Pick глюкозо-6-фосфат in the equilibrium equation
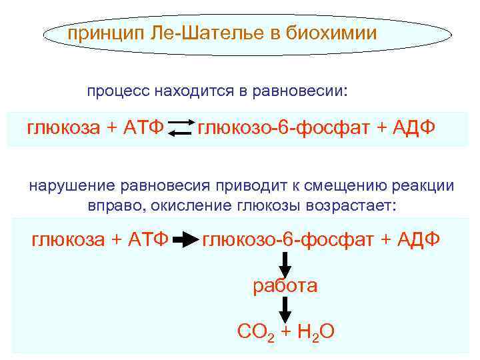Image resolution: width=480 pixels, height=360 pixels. click(281, 127)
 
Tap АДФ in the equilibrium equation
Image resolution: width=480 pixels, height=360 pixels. click(411, 127)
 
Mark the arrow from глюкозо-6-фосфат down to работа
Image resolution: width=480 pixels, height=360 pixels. click(285, 264)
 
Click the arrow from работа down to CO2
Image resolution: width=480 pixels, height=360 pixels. click(285, 309)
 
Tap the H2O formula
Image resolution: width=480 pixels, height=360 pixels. click(316, 331)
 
